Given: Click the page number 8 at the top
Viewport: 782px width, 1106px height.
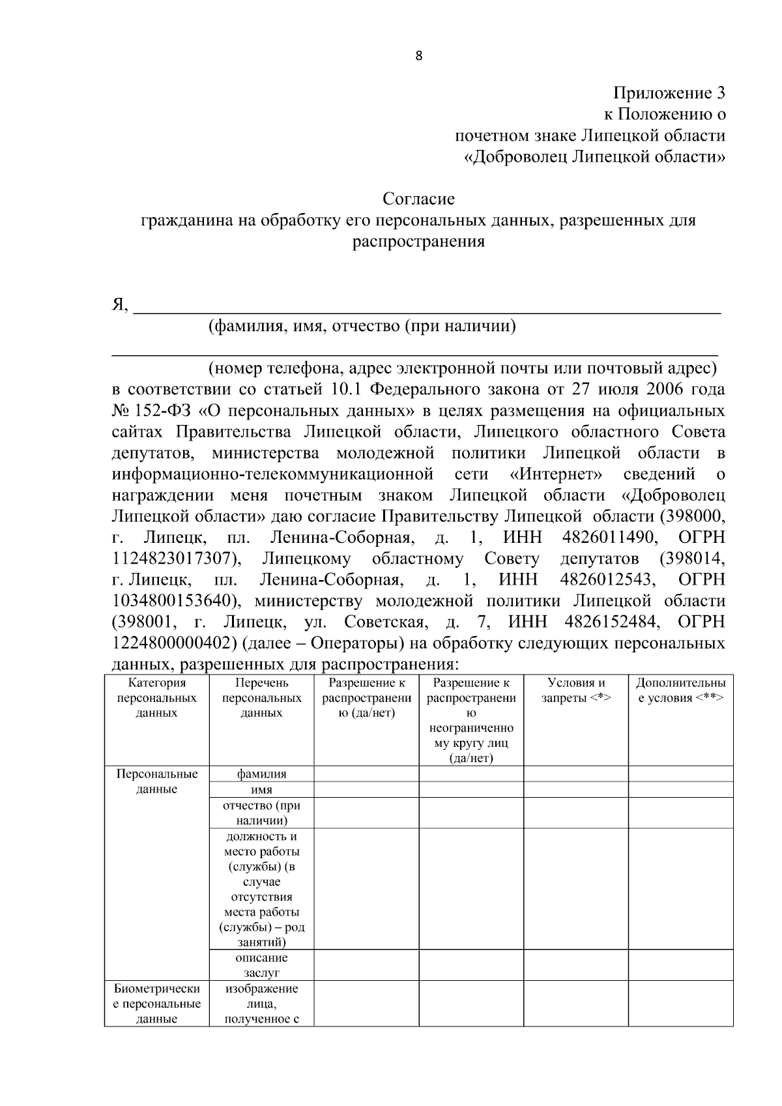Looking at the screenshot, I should [x=418, y=56].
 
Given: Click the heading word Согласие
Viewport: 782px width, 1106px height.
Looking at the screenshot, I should [x=418, y=198].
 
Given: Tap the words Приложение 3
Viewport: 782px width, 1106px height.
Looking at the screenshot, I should [x=669, y=93].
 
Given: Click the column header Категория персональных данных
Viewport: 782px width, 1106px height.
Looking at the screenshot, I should [x=157, y=698].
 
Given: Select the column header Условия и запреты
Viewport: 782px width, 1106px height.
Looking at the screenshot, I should [x=575, y=690].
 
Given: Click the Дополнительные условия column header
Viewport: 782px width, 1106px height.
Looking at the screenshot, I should [x=680, y=690].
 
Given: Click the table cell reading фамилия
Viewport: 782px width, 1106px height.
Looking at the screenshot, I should [x=261, y=774].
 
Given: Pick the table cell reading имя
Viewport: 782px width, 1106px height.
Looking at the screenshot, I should [x=261, y=790].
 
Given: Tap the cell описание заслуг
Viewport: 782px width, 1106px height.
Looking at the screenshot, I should [x=261, y=965].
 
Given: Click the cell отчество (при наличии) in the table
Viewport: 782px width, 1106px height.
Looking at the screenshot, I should [x=261, y=813].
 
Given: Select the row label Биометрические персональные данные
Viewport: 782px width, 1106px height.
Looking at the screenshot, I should [x=157, y=1004].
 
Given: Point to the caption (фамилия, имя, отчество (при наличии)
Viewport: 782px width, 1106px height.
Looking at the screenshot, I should [x=362, y=326].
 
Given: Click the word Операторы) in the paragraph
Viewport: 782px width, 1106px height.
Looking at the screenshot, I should [x=353, y=643].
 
